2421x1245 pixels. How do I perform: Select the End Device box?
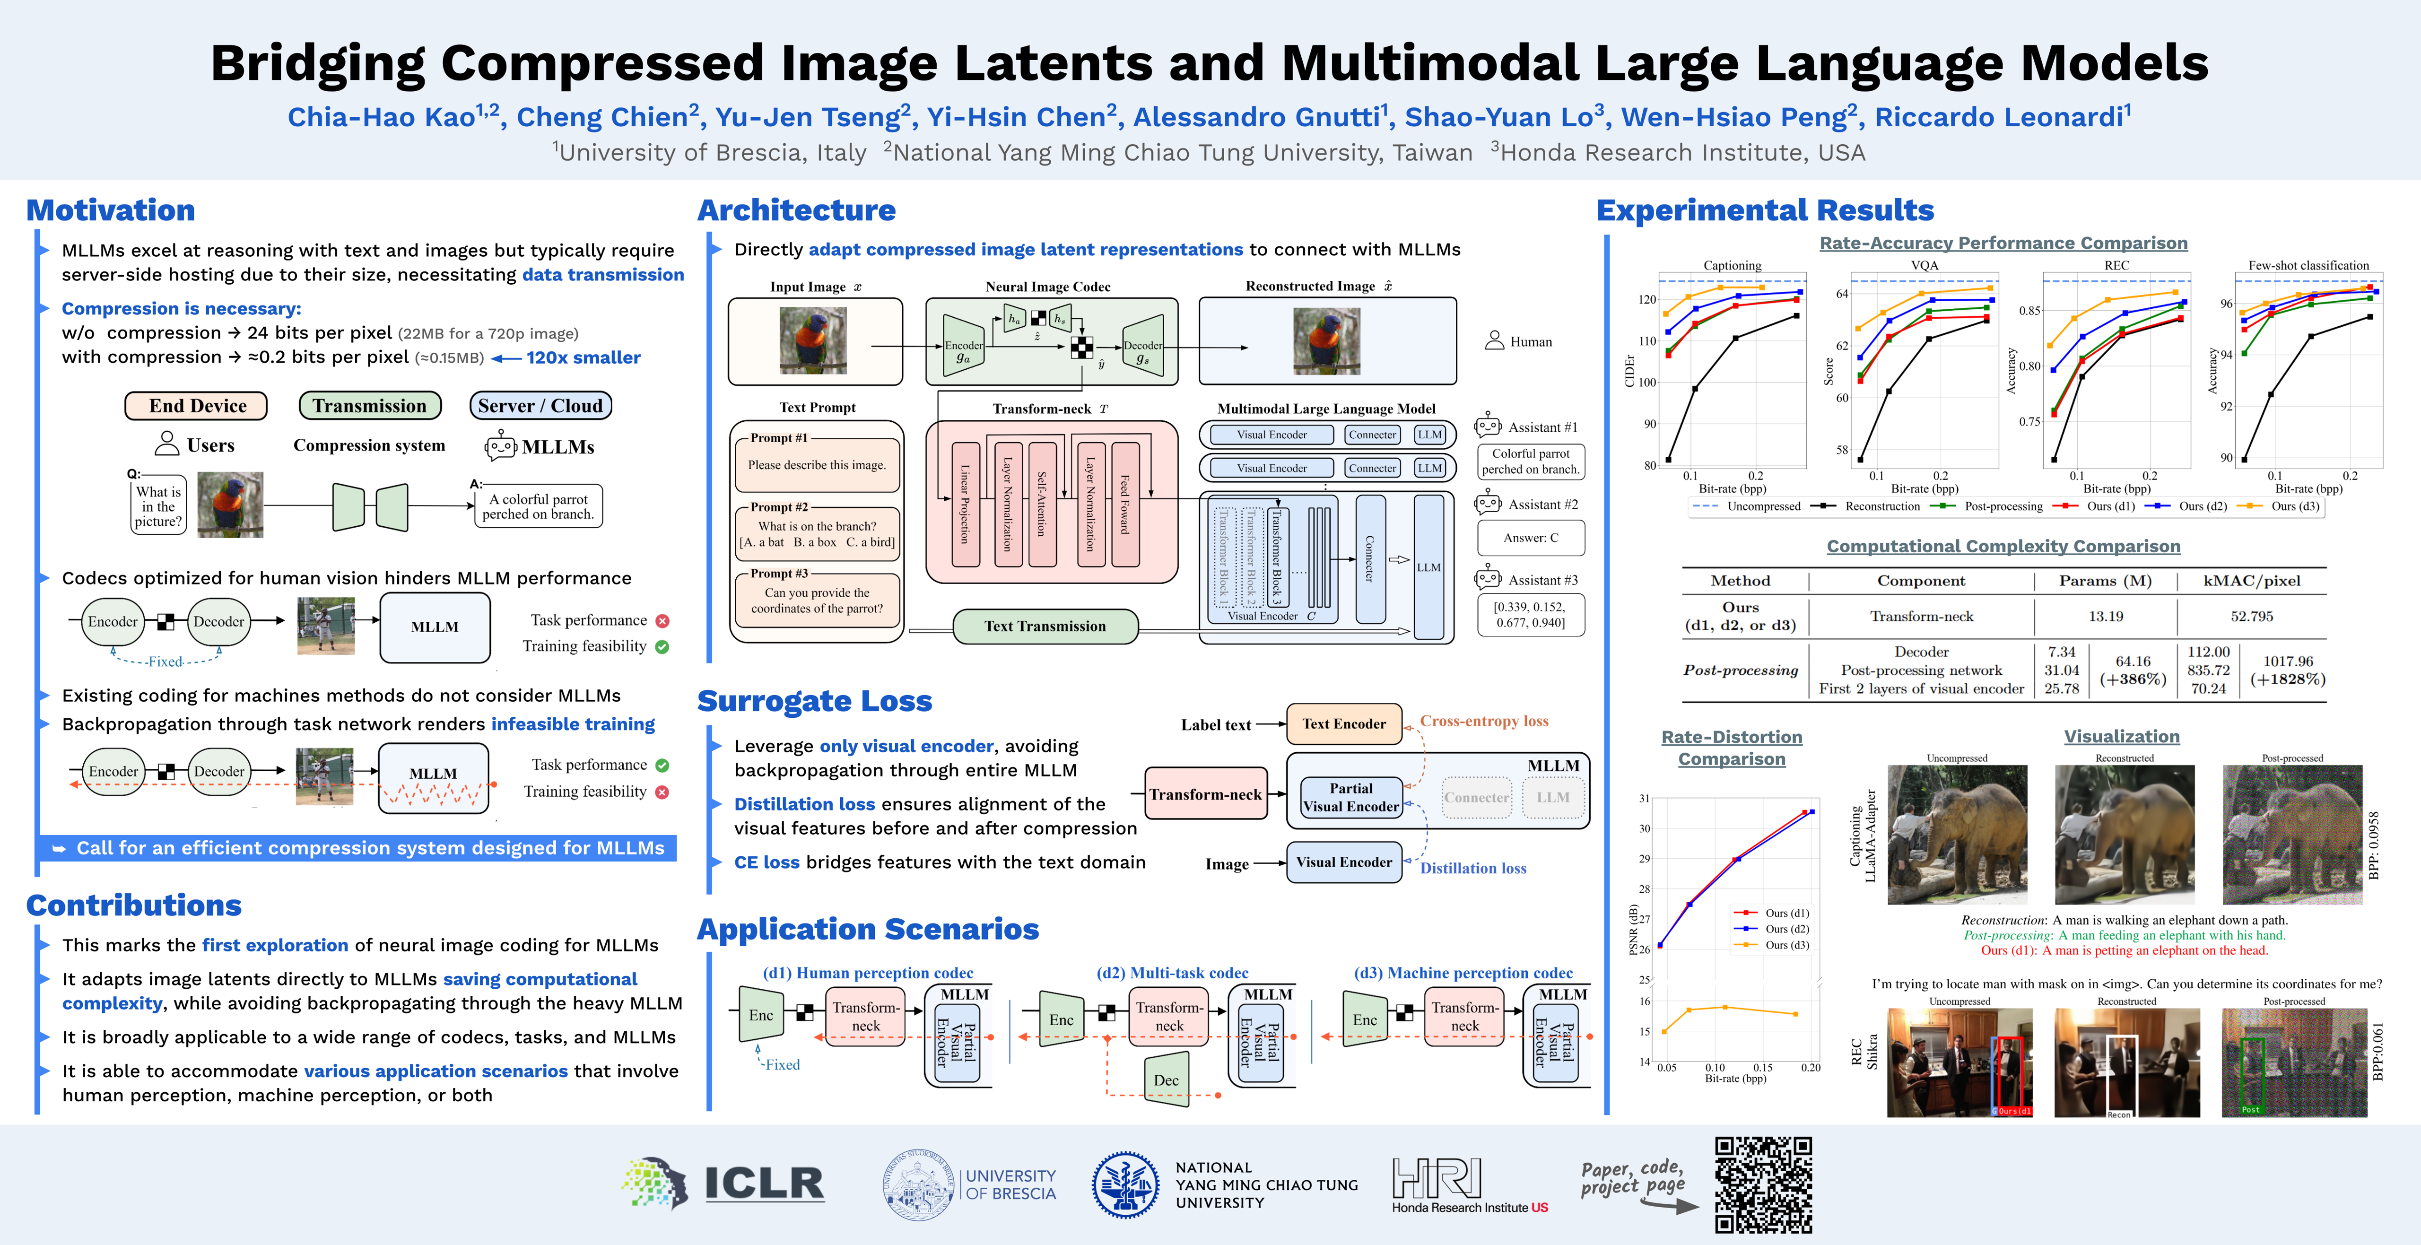pos(196,406)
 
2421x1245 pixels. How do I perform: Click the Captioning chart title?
pos(1732,266)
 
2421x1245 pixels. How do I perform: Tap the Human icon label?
pos(1530,342)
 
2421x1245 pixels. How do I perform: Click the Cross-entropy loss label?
pos(1483,721)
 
